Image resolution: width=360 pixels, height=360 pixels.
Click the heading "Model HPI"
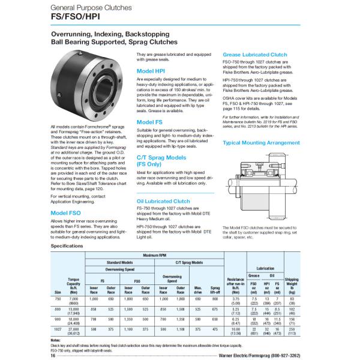(x=151, y=71)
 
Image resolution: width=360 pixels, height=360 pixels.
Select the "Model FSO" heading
(x=65, y=212)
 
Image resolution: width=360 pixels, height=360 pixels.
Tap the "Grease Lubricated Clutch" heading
(x=255, y=54)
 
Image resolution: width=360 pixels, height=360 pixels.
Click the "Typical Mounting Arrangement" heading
(x=262, y=143)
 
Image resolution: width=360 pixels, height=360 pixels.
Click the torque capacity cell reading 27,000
(x=75, y=329)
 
